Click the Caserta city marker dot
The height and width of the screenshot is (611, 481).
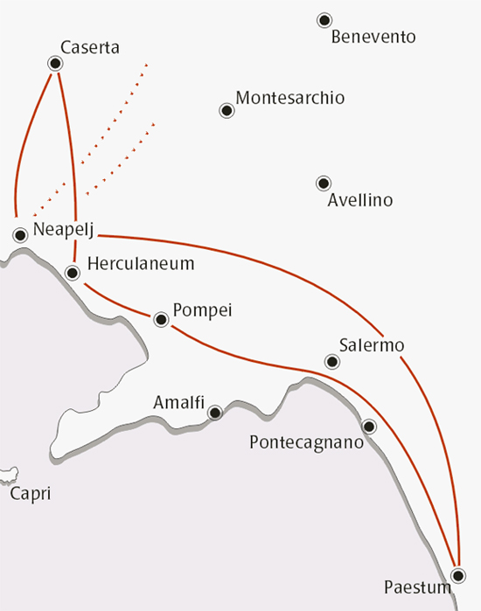(x=56, y=63)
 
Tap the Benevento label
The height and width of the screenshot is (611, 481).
(x=373, y=38)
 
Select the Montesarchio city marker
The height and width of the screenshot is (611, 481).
(x=227, y=111)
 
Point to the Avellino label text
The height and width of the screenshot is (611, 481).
(x=359, y=201)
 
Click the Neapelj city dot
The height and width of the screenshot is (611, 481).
(x=20, y=234)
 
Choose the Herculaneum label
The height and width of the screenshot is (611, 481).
(x=141, y=263)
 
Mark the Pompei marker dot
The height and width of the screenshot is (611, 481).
(x=161, y=320)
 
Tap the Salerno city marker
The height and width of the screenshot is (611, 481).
(x=331, y=361)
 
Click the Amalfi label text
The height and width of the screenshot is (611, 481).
(x=178, y=403)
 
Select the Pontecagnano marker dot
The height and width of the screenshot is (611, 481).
(x=369, y=427)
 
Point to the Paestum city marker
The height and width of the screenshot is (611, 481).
(x=457, y=575)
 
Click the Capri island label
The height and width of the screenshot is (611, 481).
(x=31, y=494)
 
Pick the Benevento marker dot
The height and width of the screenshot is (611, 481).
(x=324, y=19)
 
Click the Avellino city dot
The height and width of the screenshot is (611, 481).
(x=324, y=183)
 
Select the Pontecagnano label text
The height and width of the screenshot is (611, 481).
(x=305, y=443)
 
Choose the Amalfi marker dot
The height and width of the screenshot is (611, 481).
(x=215, y=412)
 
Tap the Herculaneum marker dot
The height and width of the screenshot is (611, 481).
(x=73, y=274)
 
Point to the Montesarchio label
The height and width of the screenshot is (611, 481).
(x=290, y=97)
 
